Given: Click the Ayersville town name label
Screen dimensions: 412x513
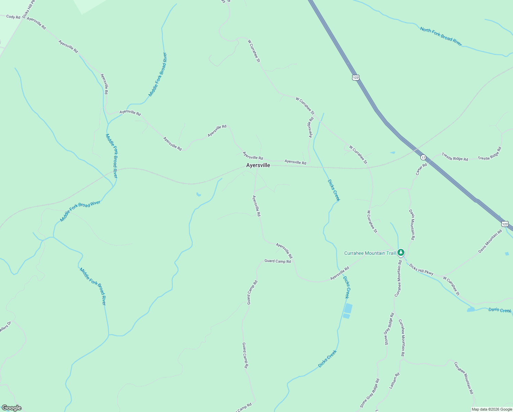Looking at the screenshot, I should [x=258, y=165].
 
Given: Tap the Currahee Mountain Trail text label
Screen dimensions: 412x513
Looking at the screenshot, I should [x=370, y=253].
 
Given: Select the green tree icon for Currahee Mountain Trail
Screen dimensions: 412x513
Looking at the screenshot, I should [x=401, y=253].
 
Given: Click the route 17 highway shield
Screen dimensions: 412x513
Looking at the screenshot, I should [x=423, y=157].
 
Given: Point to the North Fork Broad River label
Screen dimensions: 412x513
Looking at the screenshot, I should [x=441, y=37].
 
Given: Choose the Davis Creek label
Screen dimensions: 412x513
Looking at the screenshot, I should [x=500, y=310].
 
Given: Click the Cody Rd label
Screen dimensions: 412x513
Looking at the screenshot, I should [x=13, y=17].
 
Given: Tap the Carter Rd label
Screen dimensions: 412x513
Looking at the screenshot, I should [x=421, y=169].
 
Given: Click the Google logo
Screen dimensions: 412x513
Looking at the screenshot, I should [x=11, y=408].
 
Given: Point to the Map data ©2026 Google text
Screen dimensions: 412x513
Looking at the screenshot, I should [x=491, y=409].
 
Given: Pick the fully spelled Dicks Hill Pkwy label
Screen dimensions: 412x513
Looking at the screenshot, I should [x=421, y=270].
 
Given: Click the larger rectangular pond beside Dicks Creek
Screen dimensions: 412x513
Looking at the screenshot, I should [x=348, y=308].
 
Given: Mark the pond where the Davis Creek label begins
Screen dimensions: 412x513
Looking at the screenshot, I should [x=470, y=310].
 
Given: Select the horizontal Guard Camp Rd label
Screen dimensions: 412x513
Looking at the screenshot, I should [x=277, y=261].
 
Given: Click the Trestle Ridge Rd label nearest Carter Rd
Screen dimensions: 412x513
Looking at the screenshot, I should [x=455, y=157].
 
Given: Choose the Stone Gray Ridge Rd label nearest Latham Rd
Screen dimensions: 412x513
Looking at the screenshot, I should [x=370, y=394].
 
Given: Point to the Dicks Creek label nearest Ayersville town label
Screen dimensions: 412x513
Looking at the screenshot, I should [x=333, y=190].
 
